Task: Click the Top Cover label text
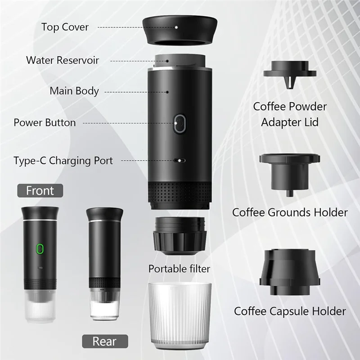coord(65,27)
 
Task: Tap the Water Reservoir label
coord(63,60)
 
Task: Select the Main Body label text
coord(74,91)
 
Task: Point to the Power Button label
coord(45,122)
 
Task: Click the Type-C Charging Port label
coord(63,160)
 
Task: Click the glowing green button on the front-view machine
coord(39,248)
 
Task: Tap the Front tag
coord(40,190)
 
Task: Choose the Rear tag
coord(105,341)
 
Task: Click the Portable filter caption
coord(180,269)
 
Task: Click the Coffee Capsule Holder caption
coord(290,311)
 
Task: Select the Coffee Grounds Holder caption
coord(290,212)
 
